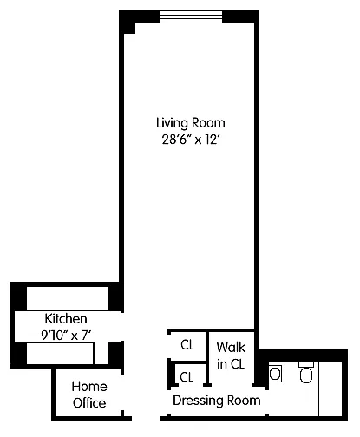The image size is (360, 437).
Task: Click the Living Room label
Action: point(191,123)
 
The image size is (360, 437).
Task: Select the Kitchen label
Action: point(66,319)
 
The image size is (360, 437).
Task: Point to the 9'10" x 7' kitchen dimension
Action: point(66,336)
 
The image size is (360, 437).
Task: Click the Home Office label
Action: point(89,395)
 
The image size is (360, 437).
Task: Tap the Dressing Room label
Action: point(217,401)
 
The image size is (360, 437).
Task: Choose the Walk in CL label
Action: point(231,355)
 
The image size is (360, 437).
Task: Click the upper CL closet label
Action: point(187,345)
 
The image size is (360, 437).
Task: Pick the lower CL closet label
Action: point(187,377)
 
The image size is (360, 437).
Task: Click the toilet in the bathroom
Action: point(306,373)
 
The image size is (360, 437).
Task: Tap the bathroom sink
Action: point(275,374)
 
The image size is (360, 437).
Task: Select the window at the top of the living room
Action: point(191,16)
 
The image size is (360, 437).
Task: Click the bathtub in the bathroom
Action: point(331,389)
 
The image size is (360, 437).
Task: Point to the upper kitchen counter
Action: point(68,298)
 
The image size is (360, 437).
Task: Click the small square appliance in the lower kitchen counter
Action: point(101,354)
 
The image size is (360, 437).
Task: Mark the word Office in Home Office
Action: point(89,403)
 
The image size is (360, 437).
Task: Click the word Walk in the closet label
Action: point(231,347)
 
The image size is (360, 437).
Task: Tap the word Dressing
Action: point(198,401)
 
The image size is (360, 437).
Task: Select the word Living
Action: point(172,124)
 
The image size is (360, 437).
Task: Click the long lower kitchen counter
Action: point(60,354)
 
